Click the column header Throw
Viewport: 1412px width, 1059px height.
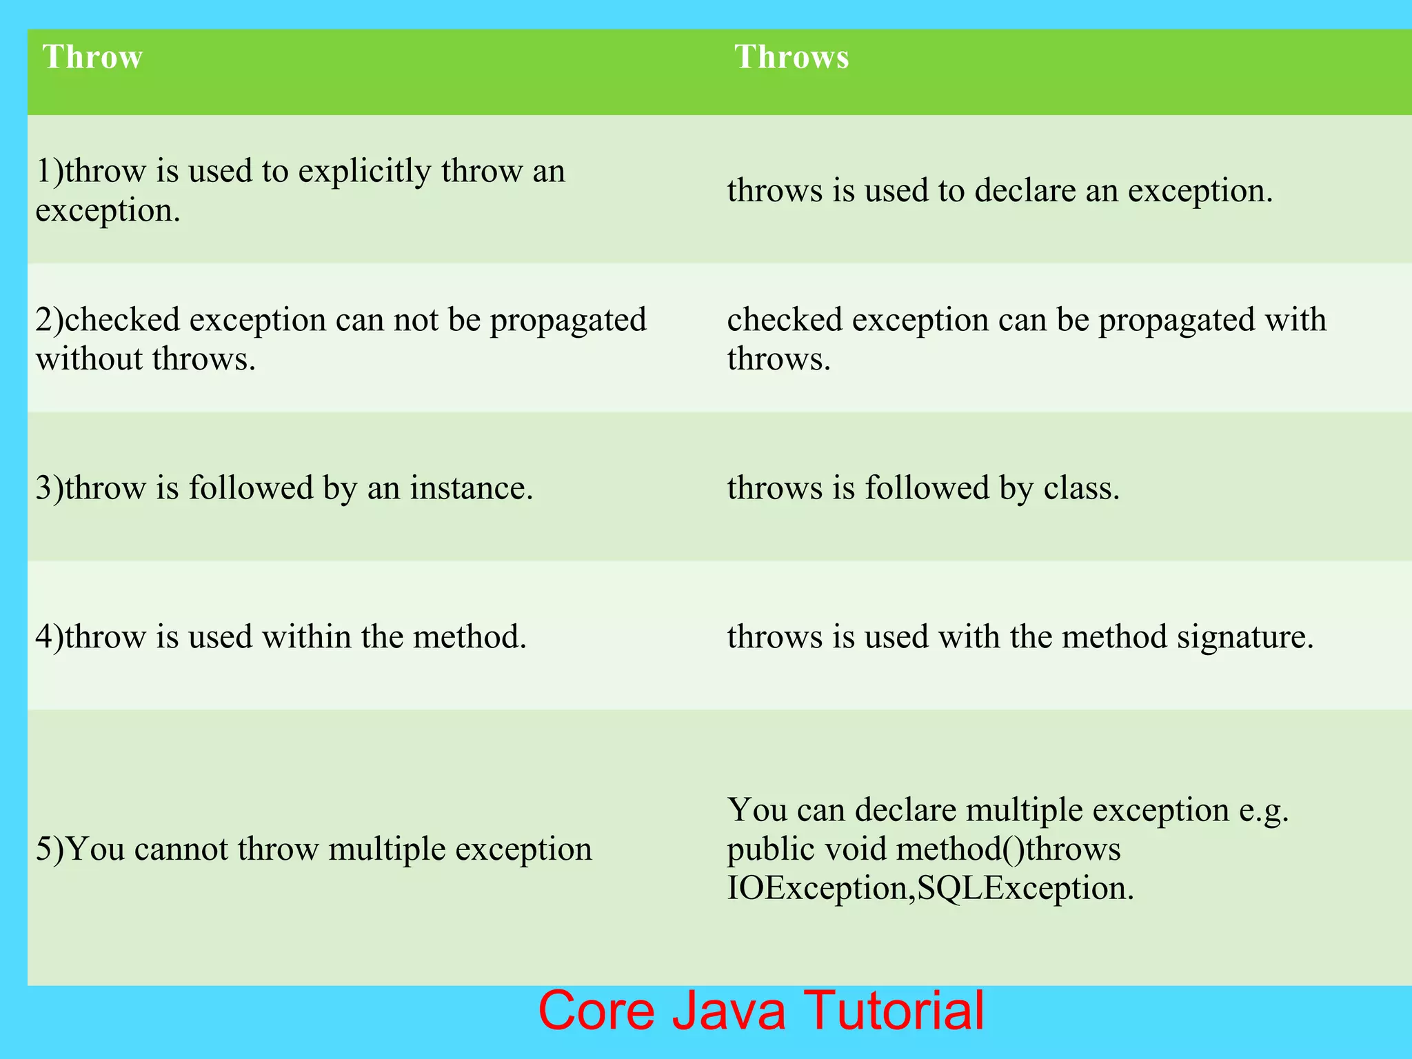click(92, 57)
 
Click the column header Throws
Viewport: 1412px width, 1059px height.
click(791, 57)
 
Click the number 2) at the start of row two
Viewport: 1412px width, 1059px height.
click(49, 320)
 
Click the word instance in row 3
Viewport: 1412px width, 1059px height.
click(471, 488)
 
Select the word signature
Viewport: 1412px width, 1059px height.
click(1244, 637)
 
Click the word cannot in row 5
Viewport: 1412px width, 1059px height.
click(181, 849)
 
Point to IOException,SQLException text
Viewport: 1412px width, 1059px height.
click(929, 888)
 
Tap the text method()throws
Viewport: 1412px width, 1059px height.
click(1008, 849)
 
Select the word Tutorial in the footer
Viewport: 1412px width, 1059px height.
click(894, 1010)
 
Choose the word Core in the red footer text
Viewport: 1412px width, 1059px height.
click(596, 1010)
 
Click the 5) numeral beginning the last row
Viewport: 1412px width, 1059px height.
click(50, 849)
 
